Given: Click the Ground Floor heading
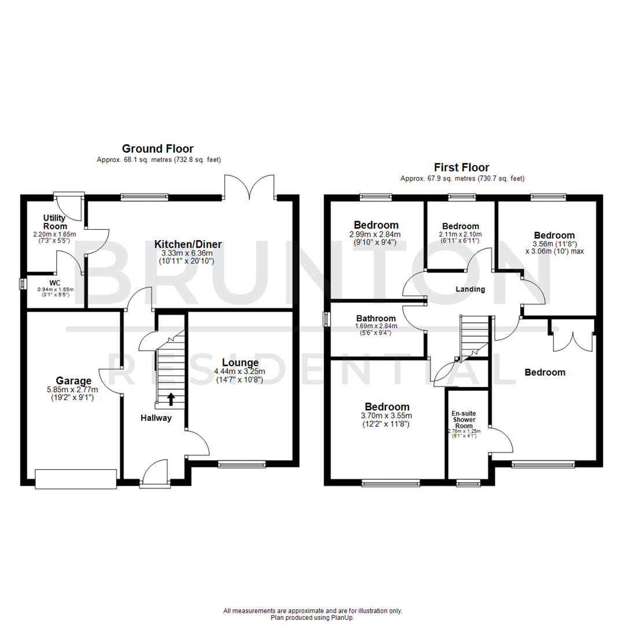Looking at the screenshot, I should point(157,149).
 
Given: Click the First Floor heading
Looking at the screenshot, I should point(462,168).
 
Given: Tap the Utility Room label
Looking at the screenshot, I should point(55,222).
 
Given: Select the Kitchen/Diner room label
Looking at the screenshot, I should point(188,244).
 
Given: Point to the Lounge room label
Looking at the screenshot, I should point(239,363).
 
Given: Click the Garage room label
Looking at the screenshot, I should point(73,381).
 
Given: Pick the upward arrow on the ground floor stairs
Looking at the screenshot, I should point(171,399).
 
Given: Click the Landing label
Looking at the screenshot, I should point(469,289).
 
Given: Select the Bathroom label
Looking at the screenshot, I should point(376,318).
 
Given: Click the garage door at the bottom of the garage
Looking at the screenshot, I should point(76,477).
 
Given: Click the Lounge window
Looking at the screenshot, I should point(242,464).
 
